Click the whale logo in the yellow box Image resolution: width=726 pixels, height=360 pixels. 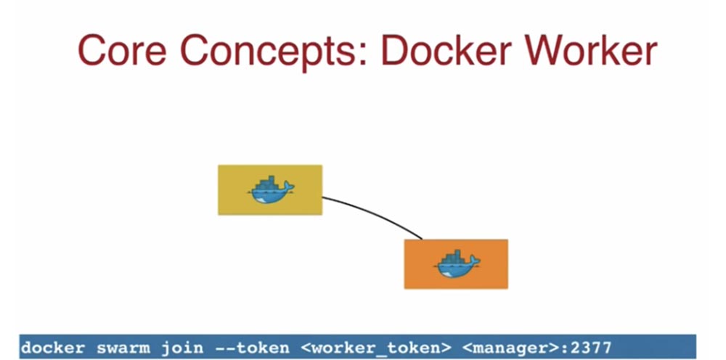(x=270, y=190)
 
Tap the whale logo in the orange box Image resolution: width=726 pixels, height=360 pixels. (x=456, y=264)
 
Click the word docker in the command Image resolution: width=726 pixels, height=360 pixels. (x=54, y=348)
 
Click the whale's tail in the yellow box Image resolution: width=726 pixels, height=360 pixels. (x=289, y=188)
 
